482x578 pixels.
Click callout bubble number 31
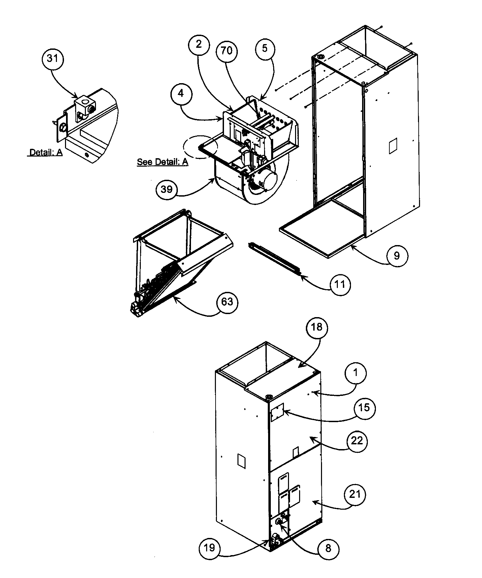point(52,59)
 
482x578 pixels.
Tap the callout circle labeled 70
point(226,50)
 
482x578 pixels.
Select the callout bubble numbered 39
point(166,190)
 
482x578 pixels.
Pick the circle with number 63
point(227,301)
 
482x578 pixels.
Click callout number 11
point(340,285)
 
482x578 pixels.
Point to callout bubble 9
point(397,256)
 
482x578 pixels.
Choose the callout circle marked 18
point(317,327)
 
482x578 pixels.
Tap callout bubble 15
point(364,408)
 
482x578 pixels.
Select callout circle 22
point(357,440)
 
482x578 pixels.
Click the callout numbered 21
point(355,494)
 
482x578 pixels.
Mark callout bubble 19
point(209,548)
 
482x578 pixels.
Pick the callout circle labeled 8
point(328,548)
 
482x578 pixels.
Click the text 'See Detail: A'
point(162,162)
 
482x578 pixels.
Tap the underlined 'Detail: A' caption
point(45,152)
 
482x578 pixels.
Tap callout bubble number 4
point(181,94)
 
